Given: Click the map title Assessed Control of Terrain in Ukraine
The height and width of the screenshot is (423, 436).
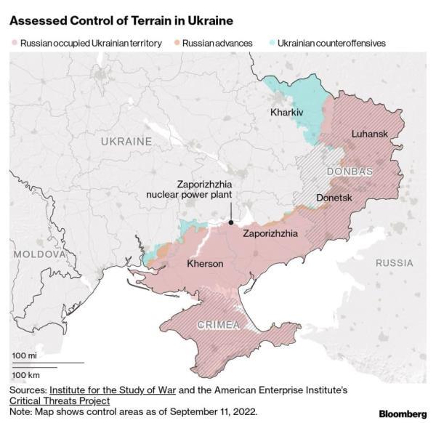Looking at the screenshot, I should [x=121, y=15].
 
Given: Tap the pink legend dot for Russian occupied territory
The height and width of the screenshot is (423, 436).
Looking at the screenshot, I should [x=14, y=43].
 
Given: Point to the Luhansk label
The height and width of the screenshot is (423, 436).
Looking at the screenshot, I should [x=370, y=134].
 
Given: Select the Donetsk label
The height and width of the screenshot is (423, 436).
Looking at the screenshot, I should [x=334, y=198].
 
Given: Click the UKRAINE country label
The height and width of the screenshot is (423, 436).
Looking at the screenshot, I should [x=126, y=140].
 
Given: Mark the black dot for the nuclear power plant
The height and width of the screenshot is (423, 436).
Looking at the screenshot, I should [x=230, y=222].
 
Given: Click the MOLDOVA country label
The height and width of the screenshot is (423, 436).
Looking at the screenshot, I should [x=36, y=255].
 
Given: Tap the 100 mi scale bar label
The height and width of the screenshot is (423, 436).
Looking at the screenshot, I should [x=25, y=355].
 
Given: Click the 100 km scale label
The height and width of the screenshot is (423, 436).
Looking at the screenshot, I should [x=26, y=374].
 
